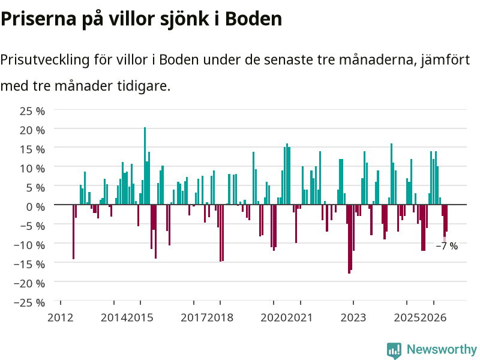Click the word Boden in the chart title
pyautogui.click(x=253, y=19)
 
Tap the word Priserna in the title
pyautogui.click(x=38, y=19)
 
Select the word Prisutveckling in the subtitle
pyautogui.click(x=44, y=60)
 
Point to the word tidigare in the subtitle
pyautogui.click(x=143, y=86)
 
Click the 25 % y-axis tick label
pyautogui.click(x=32, y=111)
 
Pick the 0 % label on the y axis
pyautogui.click(x=35, y=207)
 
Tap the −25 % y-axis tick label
pyautogui.click(x=29, y=302)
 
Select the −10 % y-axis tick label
pyautogui.click(x=29, y=245)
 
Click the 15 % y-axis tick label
pyautogui.click(x=32, y=149)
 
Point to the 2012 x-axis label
pyautogui.click(x=61, y=318)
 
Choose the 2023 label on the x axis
pyautogui.click(x=353, y=318)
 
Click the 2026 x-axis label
pyautogui.click(x=433, y=318)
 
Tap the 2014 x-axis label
pyautogui.click(x=113, y=318)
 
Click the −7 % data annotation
pyautogui.click(x=447, y=246)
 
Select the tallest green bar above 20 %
pyautogui.click(x=145, y=166)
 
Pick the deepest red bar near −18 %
pyautogui.click(x=349, y=239)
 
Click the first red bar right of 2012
pyautogui.click(x=73, y=232)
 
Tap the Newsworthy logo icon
pyautogui.click(x=394, y=350)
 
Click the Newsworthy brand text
pyautogui.click(x=442, y=349)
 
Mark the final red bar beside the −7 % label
pyautogui.click(x=446, y=218)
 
